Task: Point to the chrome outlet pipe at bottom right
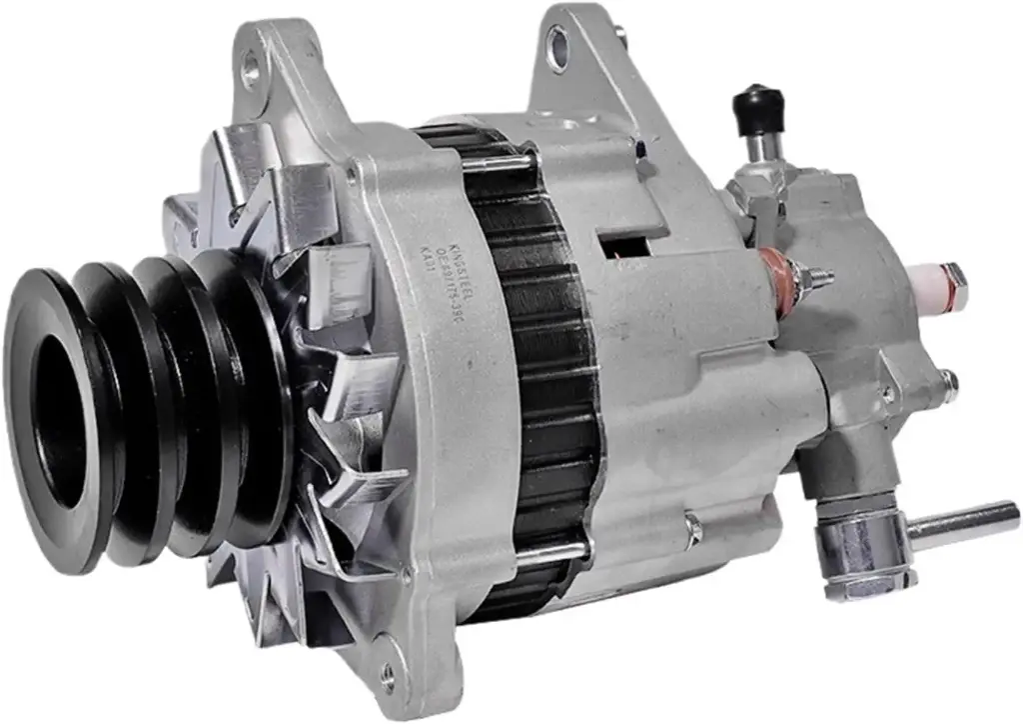964,521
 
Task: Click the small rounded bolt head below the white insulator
947,380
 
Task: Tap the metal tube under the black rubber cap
760,146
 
